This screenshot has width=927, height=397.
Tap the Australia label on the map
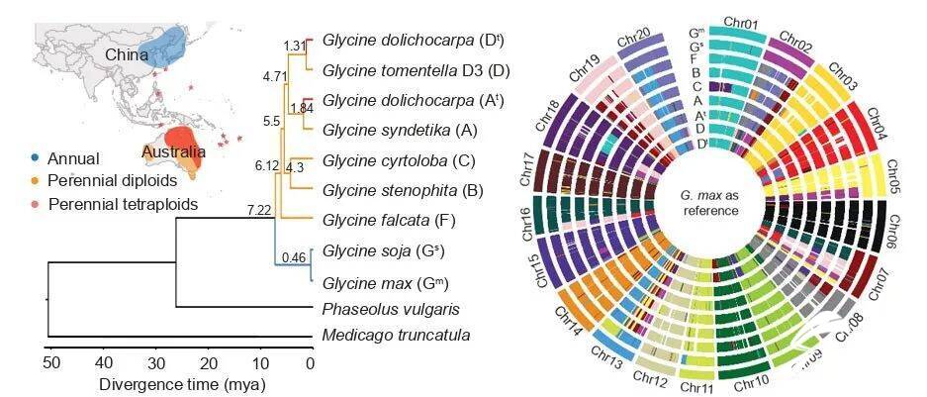pos(174,152)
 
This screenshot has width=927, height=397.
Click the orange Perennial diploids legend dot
pos(36,181)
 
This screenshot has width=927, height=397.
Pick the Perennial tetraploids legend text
pos(128,205)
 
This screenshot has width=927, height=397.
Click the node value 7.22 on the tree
pos(259,210)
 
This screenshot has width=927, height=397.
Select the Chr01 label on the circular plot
pos(741,21)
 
